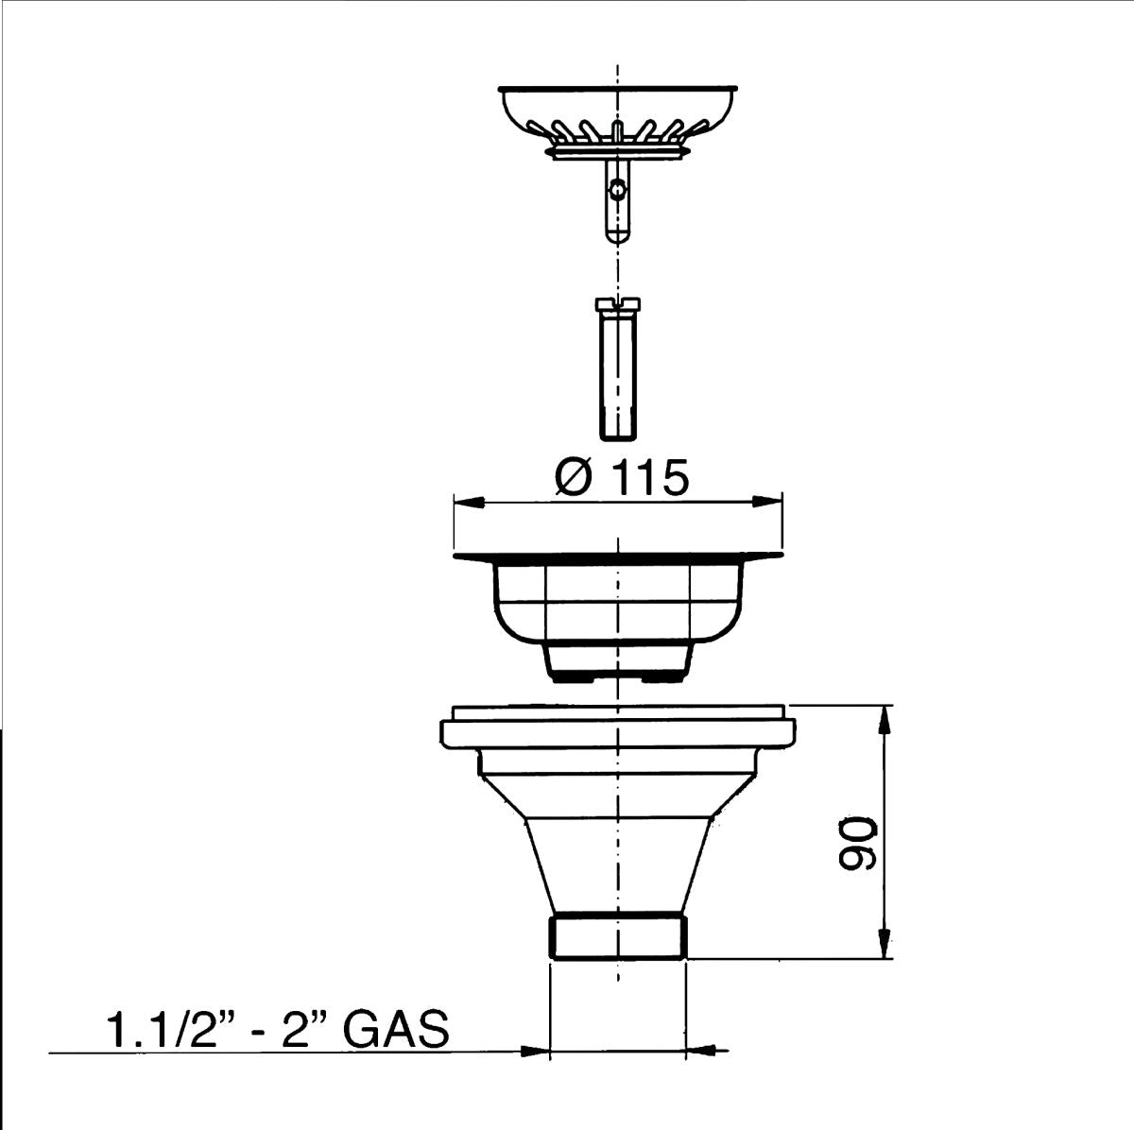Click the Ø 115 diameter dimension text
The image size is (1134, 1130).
[621, 478]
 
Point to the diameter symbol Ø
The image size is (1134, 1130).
[575, 478]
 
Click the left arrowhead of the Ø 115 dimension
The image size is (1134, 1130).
[470, 502]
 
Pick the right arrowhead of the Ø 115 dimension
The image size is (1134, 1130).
[768, 502]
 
